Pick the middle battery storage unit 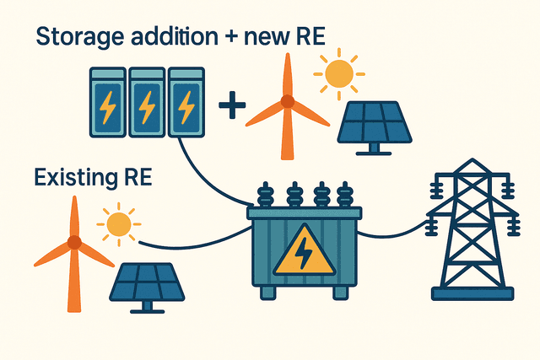(147, 104)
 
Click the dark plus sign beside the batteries (232, 106)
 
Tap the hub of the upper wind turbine (287, 102)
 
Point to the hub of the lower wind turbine (74, 242)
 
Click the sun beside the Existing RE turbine (118, 224)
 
